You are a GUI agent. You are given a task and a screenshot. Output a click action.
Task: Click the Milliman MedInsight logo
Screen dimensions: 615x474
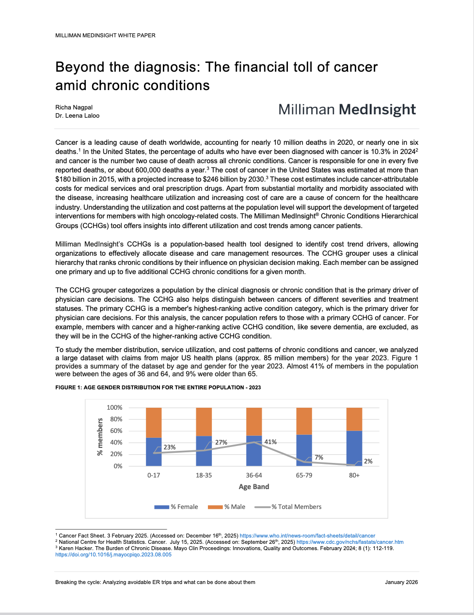[x=347, y=110]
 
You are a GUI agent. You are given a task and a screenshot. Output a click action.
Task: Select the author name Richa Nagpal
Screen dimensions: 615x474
[x=74, y=108]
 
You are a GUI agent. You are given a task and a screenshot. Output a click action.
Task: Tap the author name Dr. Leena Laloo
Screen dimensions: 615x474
[x=77, y=116]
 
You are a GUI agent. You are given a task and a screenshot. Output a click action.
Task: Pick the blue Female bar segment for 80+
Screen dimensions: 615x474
[x=354, y=448]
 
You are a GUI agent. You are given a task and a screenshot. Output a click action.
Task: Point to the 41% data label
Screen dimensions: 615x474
[x=270, y=442]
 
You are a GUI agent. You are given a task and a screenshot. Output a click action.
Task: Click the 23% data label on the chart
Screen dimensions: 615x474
[x=170, y=447]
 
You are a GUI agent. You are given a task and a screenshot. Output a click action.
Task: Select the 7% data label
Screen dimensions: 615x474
[x=319, y=458]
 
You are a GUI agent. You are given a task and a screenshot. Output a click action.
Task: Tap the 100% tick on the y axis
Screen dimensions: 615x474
[x=114, y=408]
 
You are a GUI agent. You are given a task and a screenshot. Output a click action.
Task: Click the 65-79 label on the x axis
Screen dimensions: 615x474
[x=304, y=476]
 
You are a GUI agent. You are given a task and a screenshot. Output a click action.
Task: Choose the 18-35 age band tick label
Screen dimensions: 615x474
[x=204, y=476]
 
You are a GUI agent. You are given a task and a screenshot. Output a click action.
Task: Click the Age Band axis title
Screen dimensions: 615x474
[x=254, y=487]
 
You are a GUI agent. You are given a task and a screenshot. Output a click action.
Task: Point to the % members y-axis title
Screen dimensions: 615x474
[x=100, y=437]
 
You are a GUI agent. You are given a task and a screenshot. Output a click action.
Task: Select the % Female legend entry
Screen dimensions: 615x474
[x=176, y=507]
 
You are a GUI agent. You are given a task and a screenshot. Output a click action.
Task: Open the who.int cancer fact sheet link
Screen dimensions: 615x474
[x=307, y=536]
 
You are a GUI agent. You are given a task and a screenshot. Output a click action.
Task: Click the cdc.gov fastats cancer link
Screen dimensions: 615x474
[x=350, y=542]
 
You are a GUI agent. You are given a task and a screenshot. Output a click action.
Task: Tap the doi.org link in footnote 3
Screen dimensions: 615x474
[x=113, y=555]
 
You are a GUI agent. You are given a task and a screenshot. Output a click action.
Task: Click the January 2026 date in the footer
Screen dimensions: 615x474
[x=401, y=582]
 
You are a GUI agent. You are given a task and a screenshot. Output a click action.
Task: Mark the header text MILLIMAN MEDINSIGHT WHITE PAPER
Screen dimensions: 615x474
[x=105, y=35]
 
